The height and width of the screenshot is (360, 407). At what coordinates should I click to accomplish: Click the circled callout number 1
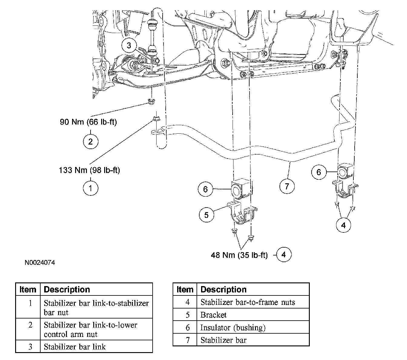coord(90,188)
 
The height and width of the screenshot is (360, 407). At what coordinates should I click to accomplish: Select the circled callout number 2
coord(90,141)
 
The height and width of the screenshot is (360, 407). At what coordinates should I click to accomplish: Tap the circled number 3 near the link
coord(129,46)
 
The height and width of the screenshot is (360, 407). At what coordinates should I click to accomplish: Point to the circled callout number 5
coord(206,215)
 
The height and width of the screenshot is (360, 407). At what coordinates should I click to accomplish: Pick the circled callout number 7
coord(287,186)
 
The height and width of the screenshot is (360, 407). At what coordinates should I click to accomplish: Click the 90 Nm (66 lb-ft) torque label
coord(88,122)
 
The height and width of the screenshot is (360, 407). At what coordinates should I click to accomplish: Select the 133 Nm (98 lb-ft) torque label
coord(89,170)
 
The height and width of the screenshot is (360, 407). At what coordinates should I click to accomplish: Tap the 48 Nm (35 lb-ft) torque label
coord(239,255)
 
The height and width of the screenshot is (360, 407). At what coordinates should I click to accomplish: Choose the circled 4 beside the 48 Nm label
coord(283,255)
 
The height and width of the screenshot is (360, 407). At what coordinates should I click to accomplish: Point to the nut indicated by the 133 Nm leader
coord(155,118)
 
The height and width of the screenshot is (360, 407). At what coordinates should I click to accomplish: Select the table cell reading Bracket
coord(213,315)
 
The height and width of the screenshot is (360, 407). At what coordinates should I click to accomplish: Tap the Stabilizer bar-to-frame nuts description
coord(247,302)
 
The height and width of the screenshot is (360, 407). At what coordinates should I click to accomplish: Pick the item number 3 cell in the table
coord(30,346)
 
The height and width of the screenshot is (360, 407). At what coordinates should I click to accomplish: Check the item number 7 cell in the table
coord(187,340)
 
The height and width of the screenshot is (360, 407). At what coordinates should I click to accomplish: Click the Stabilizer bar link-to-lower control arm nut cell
coord(90,329)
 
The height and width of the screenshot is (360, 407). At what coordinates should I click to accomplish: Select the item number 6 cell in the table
coord(187,328)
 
